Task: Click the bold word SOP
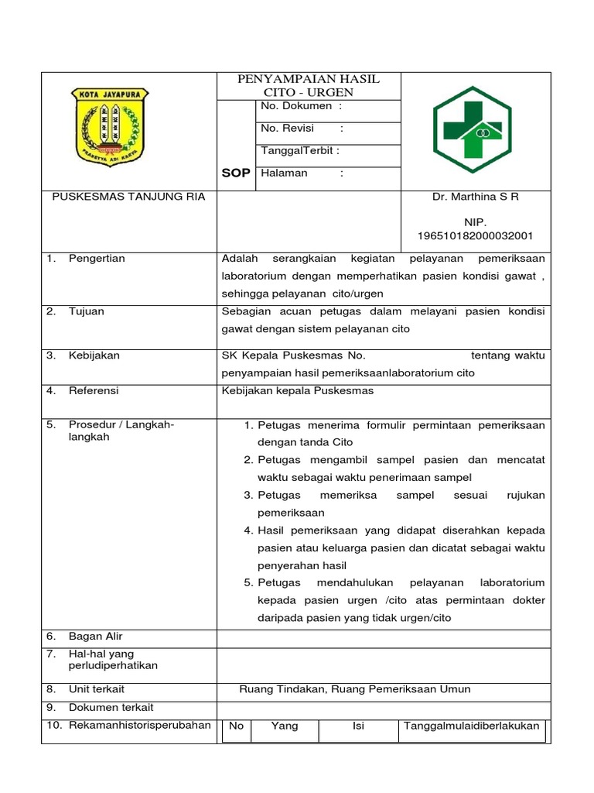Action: (236, 173)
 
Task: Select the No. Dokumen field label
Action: (297, 105)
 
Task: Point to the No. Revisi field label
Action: (288, 129)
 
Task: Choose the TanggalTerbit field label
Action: (300, 151)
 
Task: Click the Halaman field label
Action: (285, 173)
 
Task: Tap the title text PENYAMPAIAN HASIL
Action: (308, 79)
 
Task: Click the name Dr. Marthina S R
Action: (476, 197)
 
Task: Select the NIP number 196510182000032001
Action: (476, 235)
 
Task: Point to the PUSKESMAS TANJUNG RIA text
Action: (128, 197)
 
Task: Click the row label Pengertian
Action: (97, 259)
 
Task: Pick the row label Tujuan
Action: (87, 311)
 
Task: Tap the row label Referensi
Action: (94, 391)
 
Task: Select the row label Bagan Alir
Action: (96, 637)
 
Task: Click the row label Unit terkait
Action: (97, 689)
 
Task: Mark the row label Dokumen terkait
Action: (111, 707)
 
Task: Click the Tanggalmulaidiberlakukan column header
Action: (472, 726)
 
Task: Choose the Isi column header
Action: (358, 726)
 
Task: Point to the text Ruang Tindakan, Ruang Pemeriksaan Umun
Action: (355, 689)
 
